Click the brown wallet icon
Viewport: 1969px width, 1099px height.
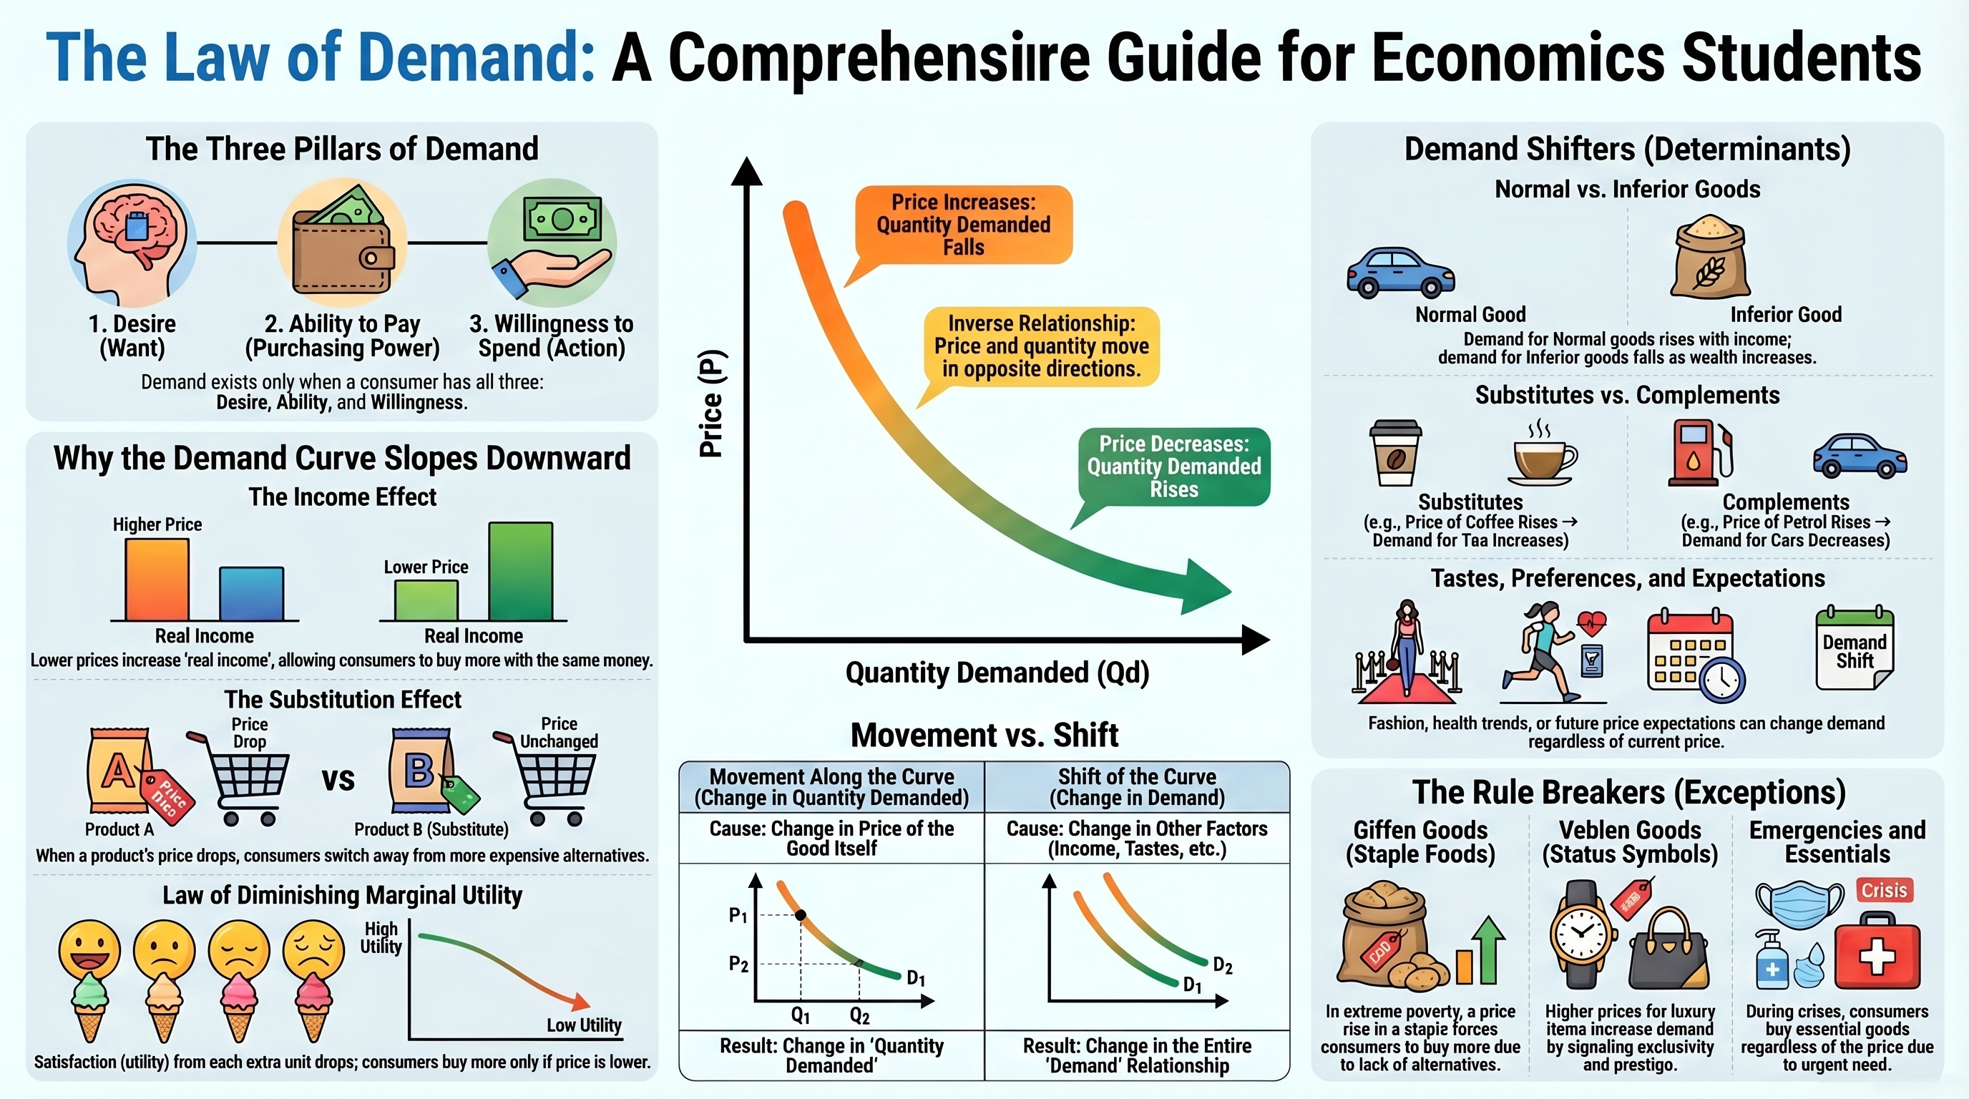[343, 252]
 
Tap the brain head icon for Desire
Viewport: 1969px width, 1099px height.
[132, 243]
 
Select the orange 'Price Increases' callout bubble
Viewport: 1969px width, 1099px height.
[963, 225]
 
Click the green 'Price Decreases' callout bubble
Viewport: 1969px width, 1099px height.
[1174, 467]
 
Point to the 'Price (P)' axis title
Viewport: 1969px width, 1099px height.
[711, 404]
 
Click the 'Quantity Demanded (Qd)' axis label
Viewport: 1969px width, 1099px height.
[997, 673]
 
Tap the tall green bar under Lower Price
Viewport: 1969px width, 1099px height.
[521, 572]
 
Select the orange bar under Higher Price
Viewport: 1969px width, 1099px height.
[157, 580]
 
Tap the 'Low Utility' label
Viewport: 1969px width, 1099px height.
[583, 1025]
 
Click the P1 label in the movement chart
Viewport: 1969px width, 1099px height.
[738, 915]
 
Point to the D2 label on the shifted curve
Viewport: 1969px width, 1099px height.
[1222, 966]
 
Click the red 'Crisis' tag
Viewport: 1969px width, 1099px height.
[1883, 890]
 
